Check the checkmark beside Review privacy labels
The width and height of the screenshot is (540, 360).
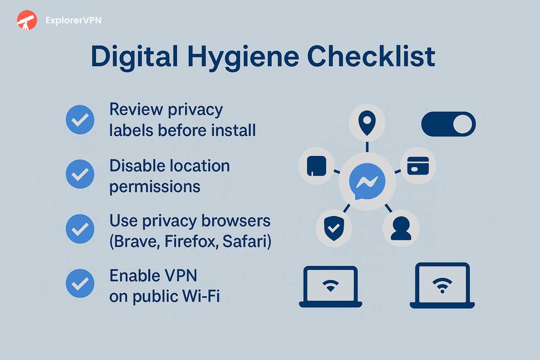tap(80, 120)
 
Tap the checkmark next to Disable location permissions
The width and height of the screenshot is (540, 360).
tap(80, 174)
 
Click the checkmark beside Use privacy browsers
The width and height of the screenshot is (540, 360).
tap(80, 229)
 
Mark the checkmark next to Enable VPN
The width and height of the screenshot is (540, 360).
tap(80, 283)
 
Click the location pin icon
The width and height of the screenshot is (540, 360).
tap(367, 123)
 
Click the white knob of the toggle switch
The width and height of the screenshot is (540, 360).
tap(463, 124)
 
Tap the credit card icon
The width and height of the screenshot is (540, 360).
tap(418, 166)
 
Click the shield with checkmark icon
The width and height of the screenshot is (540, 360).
tap(334, 228)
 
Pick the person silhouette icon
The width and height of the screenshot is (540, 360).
tap(401, 228)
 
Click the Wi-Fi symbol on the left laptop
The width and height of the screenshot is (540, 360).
tap(330, 286)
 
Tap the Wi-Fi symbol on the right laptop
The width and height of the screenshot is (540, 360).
tap(442, 285)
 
